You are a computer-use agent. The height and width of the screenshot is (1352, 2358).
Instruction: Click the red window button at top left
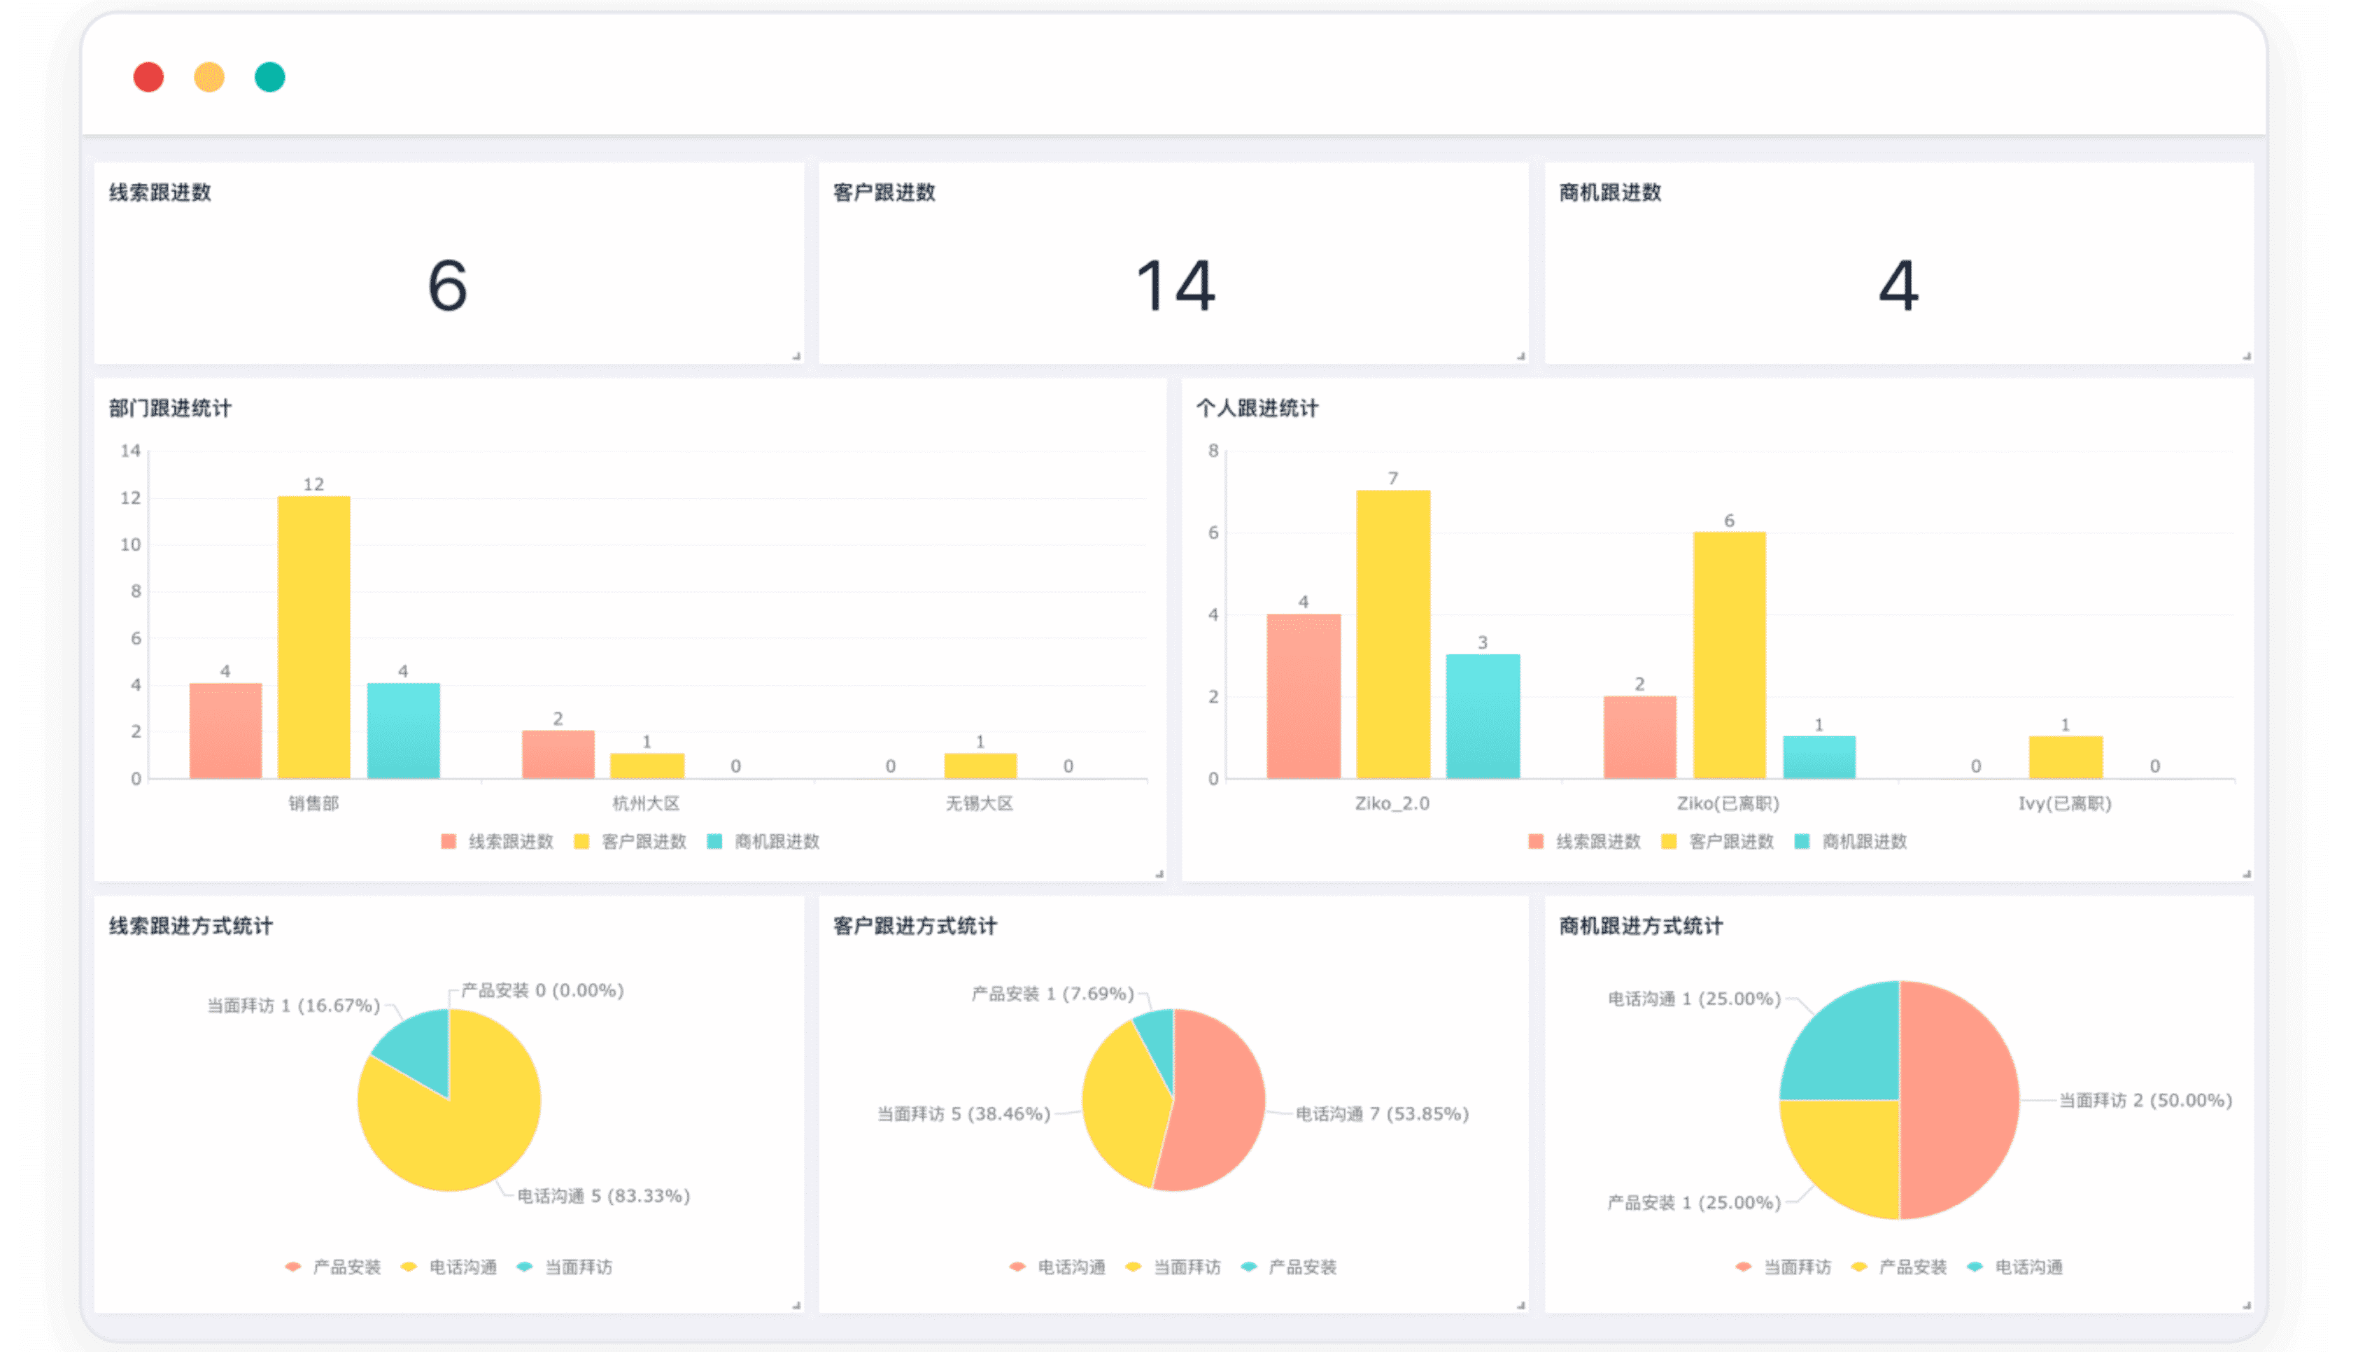148,77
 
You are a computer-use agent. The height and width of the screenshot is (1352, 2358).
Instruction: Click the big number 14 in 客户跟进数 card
1176,285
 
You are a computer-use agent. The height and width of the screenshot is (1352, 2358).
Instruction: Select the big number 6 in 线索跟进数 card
448,285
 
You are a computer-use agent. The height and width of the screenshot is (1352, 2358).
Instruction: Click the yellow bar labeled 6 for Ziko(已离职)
1728,654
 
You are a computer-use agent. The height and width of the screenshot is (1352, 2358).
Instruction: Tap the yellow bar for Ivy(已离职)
2065,756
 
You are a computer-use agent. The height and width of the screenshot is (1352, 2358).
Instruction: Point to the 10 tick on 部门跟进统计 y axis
131,545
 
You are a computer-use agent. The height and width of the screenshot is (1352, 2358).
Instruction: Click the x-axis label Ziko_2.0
1392,803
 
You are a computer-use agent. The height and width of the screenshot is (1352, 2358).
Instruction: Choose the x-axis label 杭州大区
646,803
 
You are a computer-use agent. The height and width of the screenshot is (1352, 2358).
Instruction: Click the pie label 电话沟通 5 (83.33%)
603,1196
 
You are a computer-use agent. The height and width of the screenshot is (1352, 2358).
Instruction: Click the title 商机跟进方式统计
1640,926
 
